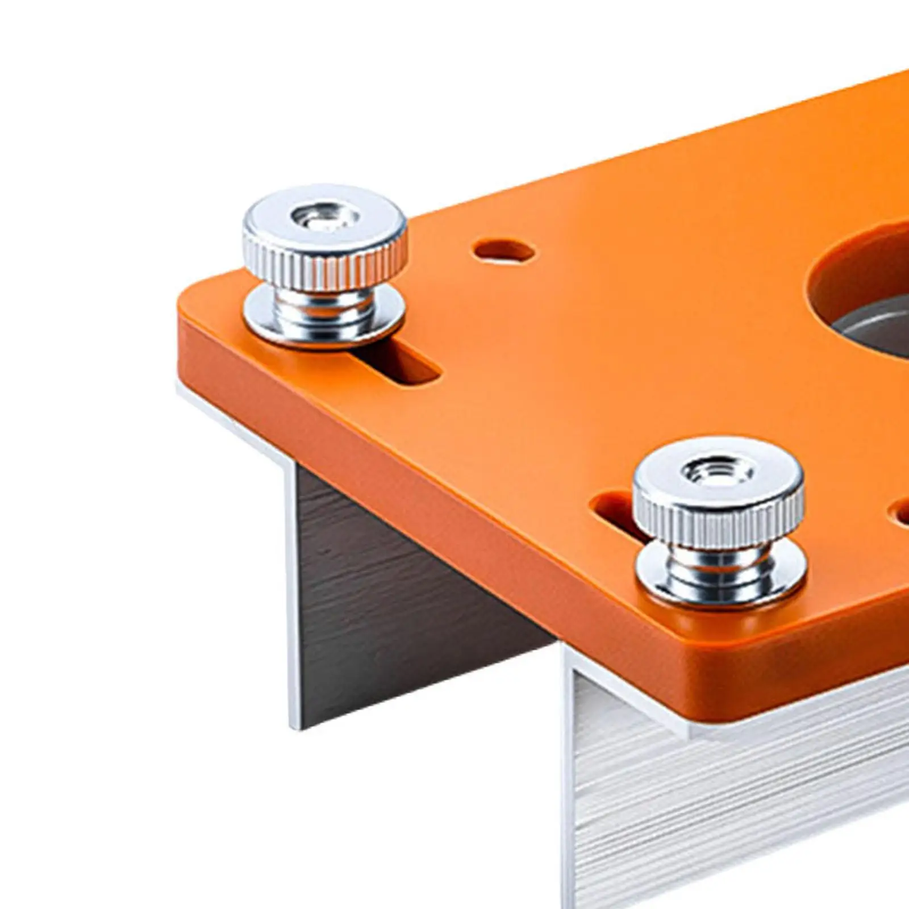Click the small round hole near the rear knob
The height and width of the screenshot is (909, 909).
(504, 251)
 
